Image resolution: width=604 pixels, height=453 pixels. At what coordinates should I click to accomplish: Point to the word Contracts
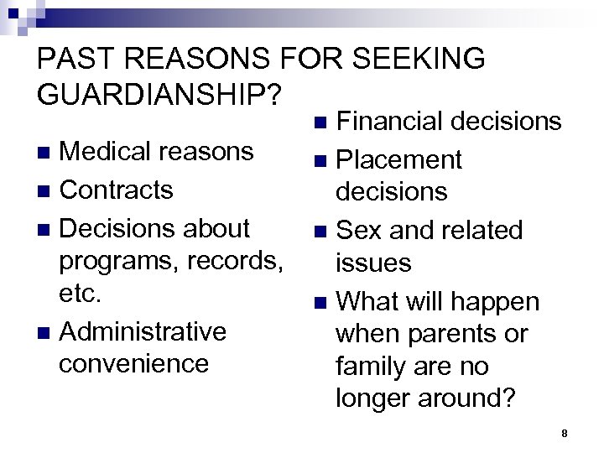click(x=117, y=190)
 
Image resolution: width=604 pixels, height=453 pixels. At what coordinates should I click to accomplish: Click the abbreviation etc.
click(x=81, y=294)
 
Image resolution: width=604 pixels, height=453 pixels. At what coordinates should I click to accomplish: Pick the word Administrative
click(x=143, y=331)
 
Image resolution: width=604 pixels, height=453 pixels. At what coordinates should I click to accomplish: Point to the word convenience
click(x=133, y=364)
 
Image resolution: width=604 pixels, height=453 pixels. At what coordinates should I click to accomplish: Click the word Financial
click(x=389, y=122)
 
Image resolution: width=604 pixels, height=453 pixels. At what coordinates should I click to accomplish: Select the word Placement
click(x=398, y=159)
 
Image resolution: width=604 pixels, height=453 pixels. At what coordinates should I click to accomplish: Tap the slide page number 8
click(x=565, y=433)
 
